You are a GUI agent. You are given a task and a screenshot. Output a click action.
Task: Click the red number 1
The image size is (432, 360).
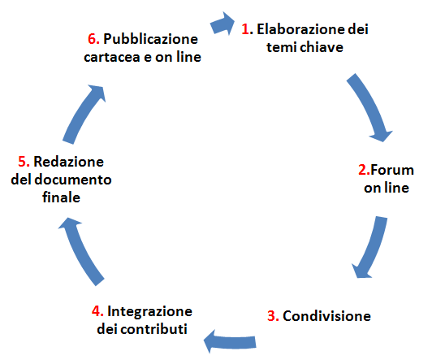[x=245, y=29]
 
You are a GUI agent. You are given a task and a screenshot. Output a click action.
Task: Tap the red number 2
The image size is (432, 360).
[x=362, y=170]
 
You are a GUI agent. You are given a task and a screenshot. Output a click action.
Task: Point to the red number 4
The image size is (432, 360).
[x=97, y=311]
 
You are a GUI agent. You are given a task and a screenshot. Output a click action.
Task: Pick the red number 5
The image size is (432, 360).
[x=23, y=162]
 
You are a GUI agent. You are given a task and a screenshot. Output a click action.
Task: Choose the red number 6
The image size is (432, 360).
[x=93, y=39]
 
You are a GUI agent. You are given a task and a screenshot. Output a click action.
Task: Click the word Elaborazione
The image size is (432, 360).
[x=300, y=29]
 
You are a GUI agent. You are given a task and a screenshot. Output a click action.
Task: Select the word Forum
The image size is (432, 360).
[x=392, y=170]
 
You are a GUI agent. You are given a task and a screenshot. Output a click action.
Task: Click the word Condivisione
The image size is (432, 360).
[x=326, y=316]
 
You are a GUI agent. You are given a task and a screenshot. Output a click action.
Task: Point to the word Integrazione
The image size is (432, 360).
[x=149, y=311]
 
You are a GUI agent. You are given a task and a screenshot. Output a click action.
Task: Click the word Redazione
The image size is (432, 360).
[x=68, y=162]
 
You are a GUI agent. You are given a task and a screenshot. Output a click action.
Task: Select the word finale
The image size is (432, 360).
[x=61, y=197]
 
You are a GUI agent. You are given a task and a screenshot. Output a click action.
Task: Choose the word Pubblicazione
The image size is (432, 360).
[x=151, y=39]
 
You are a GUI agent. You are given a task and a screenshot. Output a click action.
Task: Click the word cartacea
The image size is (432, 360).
[x=112, y=57]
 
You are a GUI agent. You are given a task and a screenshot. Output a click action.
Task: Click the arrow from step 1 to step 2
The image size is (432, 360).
[x=369, y=106]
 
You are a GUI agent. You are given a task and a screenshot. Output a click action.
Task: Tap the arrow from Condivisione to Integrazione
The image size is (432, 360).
[x=230, y=341]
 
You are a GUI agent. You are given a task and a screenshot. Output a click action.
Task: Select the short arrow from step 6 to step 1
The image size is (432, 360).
[x=222, y=24]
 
